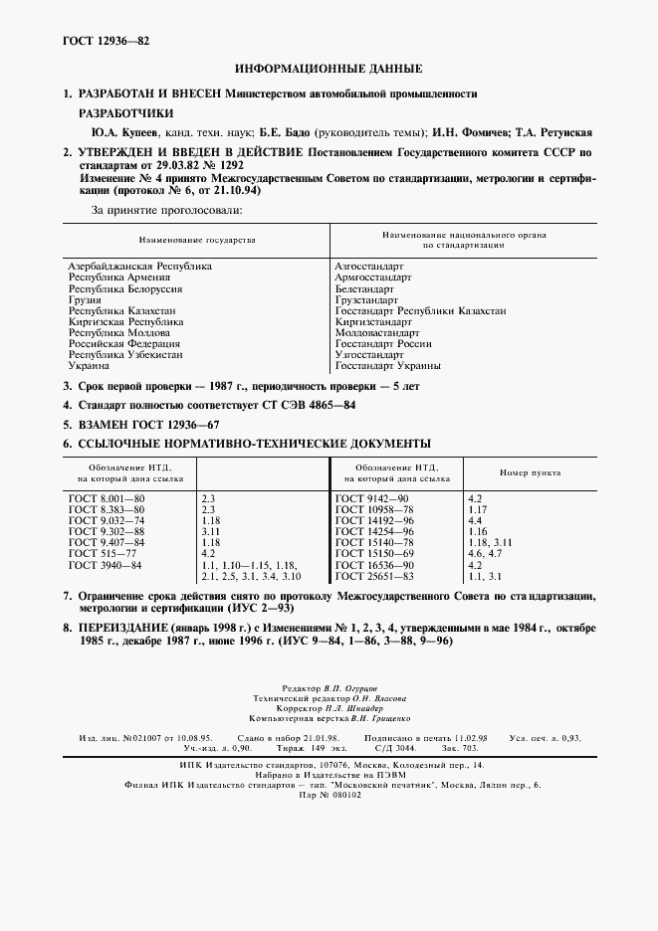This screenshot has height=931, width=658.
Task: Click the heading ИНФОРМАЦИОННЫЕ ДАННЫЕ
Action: tap(329, 70)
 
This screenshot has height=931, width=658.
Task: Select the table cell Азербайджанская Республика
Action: tap(139, 267)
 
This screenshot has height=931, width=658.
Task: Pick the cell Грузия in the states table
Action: tap(85, 299)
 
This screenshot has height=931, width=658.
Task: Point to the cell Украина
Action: tap(89, 365)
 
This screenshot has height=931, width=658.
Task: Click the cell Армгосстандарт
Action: tap(373, 278)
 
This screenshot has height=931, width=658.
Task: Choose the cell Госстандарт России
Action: tap(384, 343)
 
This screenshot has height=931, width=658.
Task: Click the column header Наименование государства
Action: tap(197, 240)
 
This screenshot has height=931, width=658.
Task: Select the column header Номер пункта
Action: tap(530, 473)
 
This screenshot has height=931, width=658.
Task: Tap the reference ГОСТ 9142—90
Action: tap(371, 497)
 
